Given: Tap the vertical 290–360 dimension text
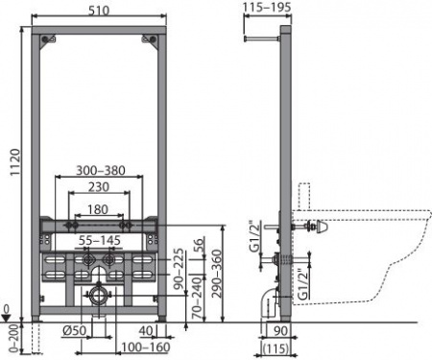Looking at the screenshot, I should point(218,275).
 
